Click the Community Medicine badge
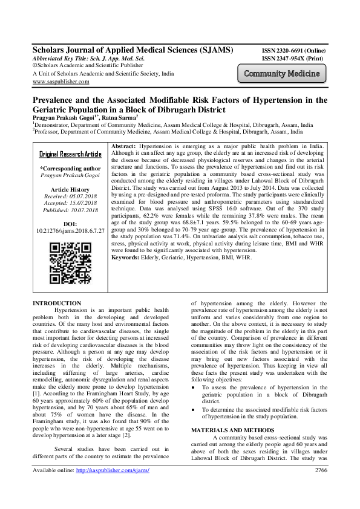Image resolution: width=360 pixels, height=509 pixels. (282, 74)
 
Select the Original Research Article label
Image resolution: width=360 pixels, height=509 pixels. (70, 154)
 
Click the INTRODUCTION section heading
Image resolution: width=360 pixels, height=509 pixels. (56, 303)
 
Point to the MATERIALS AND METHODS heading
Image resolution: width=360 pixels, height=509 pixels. (228, 413)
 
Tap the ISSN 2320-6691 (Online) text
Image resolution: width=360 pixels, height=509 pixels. (294, 51)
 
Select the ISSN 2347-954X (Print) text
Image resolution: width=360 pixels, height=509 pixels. (292, 59)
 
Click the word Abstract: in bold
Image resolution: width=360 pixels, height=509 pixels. (124, 147)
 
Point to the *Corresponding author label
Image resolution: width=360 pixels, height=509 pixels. (70, 169)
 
